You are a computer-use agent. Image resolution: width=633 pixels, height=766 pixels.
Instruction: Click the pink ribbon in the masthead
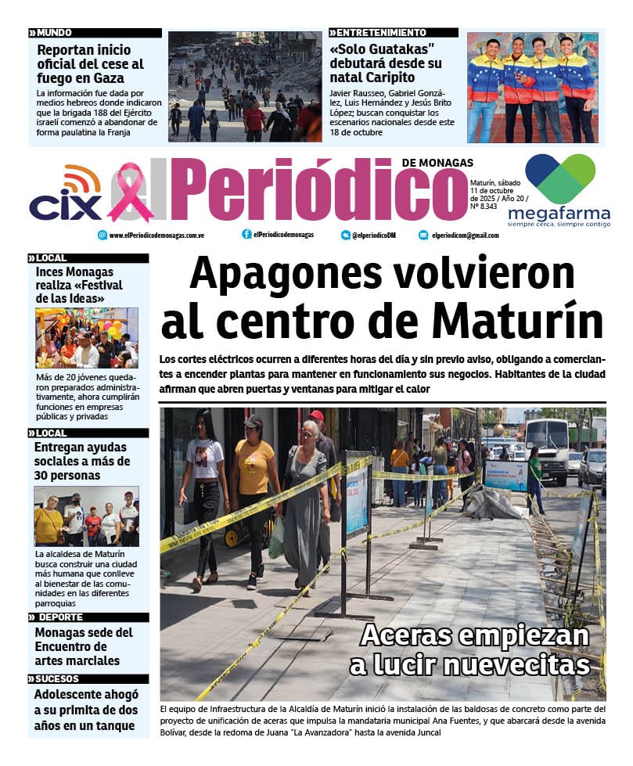click(x=130, y=192)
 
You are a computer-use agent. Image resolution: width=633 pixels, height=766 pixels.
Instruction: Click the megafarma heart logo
click(x=559, y=178)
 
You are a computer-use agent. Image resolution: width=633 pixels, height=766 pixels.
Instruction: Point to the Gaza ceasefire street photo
click(x=245, y=86)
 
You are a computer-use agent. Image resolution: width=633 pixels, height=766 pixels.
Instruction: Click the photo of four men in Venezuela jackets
click(x=532, y=87)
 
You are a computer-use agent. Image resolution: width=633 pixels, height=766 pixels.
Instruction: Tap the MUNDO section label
click(x=55, y=33)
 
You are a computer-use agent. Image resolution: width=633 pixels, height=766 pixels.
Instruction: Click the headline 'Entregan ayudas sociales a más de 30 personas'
click(x=82, y=462)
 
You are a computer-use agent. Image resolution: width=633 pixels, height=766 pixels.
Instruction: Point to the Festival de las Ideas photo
click(x=87, y=338)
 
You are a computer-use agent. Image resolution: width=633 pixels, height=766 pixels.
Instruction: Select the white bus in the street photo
click(x=547, y=448)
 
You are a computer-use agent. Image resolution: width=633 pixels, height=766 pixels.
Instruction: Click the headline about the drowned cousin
click(x=87, y=710)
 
